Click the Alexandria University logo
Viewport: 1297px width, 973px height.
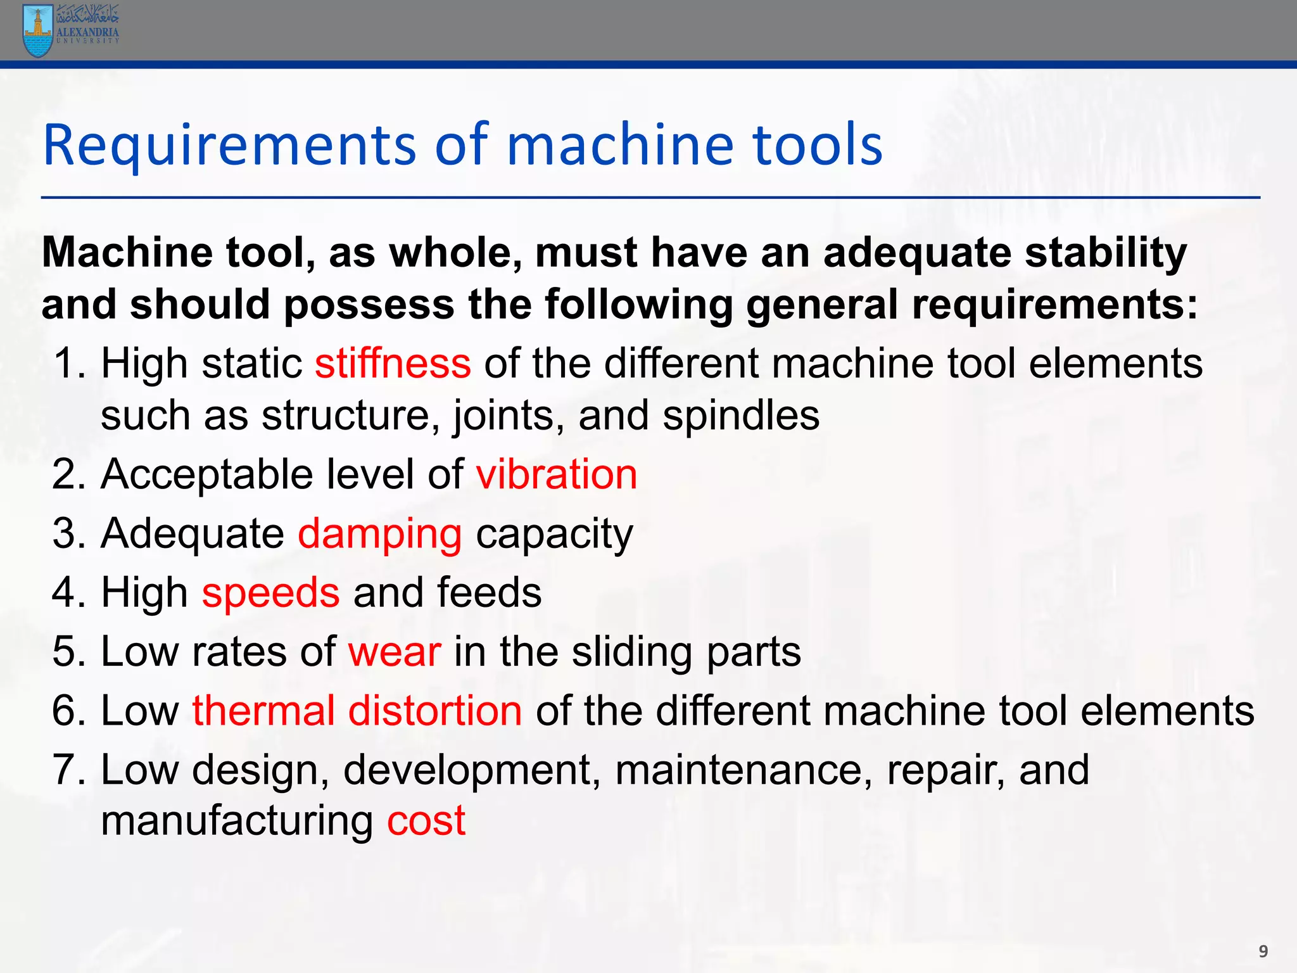click(70, 30)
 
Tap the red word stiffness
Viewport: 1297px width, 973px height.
click(393, 364)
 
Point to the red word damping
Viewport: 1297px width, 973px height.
click(379, 533)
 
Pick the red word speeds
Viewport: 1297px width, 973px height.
click(270, 593)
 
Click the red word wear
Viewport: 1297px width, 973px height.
click(394, 652)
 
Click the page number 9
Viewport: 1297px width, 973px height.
click(1263, 951)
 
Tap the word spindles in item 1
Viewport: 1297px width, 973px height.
click(740, 416)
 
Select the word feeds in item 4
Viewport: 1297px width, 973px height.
click(488, 593)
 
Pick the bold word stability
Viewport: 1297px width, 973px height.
click(1105, 253)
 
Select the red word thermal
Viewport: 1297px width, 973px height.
click(263, 710)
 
